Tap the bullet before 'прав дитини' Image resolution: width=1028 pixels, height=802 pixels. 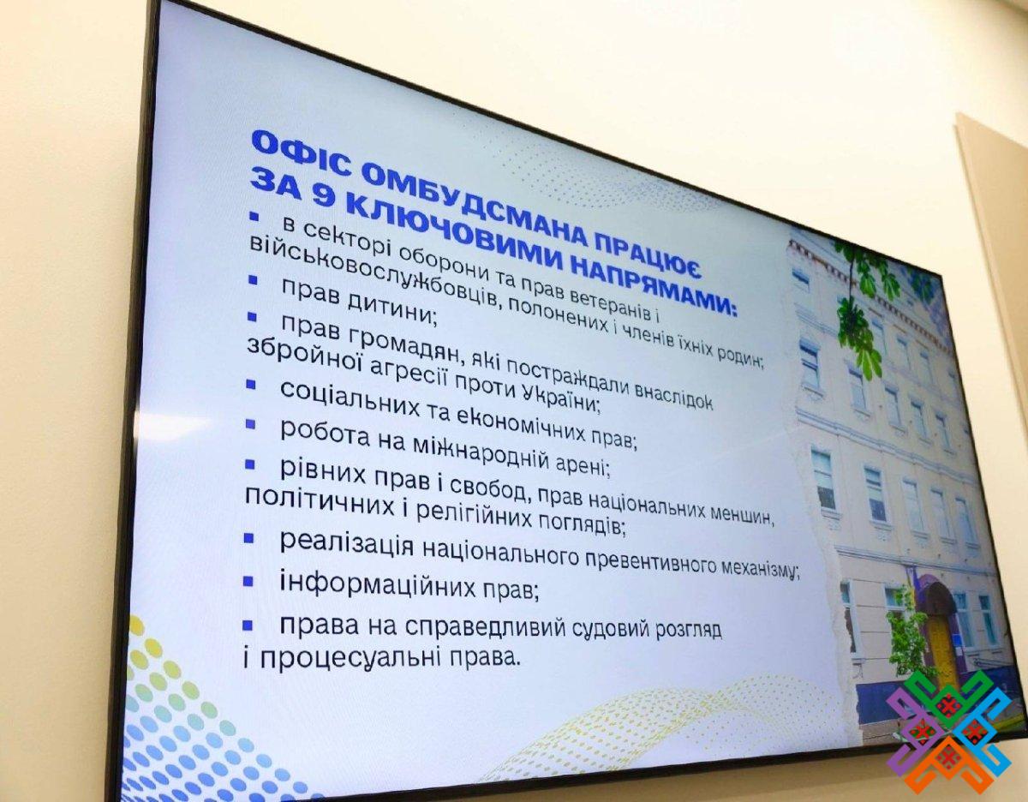(253, 280)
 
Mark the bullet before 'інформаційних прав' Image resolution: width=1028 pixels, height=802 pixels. (248, 581)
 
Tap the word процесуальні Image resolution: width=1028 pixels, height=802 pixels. (350, 659)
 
